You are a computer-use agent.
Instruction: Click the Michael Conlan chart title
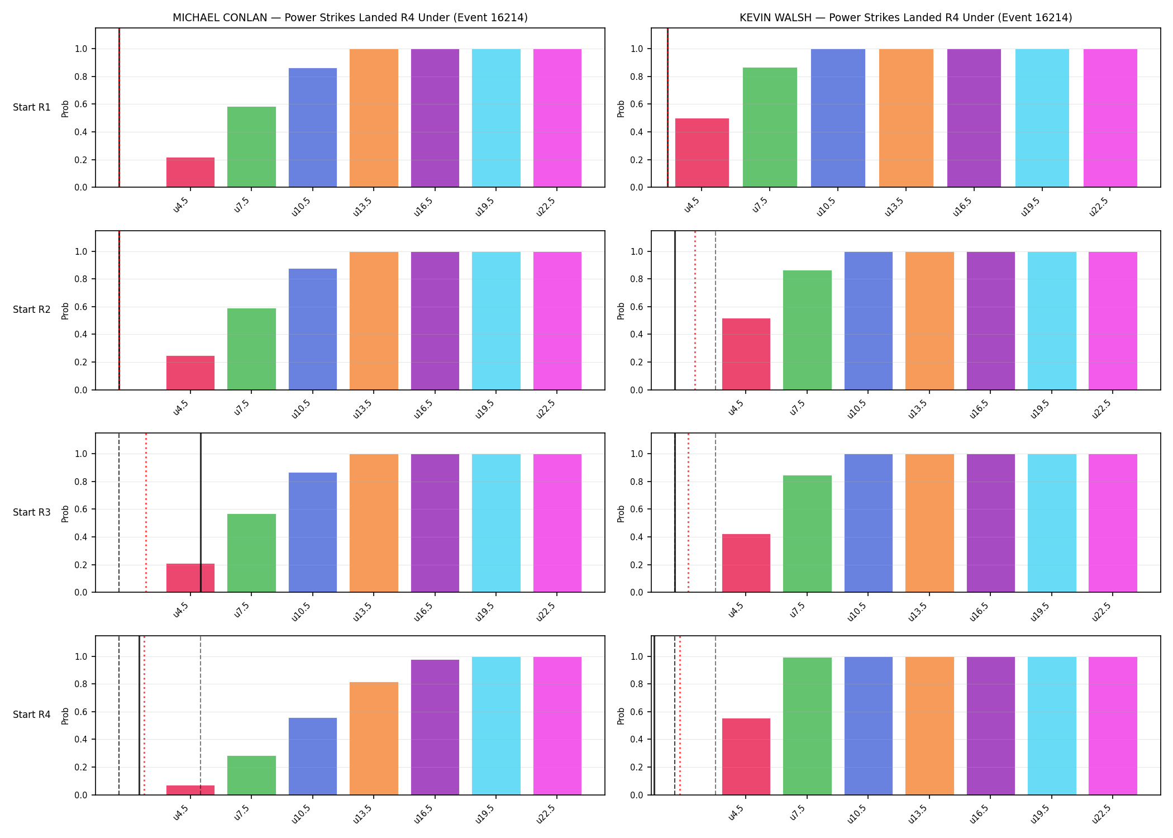pyautogui.click(x=350, y=17)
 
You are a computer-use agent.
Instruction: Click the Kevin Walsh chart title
pyautogui.click(x=906, y=17)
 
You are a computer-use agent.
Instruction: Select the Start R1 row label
pyautogui.click(x=32, y=107)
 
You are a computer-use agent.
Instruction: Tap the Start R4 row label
pyautogui.click(x=32, y=715)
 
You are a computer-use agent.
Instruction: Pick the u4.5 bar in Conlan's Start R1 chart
pyautogui.click(x=190, y=172)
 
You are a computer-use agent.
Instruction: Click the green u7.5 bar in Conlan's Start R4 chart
pyautogui.click(x=251, y=775)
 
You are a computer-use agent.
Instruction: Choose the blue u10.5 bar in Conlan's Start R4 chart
pyautogui.click(x=313, y=756)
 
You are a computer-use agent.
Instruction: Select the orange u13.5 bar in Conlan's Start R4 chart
pyautogui.click(x=374, y=739)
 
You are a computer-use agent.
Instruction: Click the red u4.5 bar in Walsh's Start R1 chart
pyautogui.click(x=702, y=153)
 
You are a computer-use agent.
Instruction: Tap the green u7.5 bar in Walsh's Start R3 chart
pyautogui.click(x=807, y=534)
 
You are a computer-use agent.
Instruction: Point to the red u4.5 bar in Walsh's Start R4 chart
pyautogui.click(x=746, y=756)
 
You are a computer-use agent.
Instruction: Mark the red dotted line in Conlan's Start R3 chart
pyautogui.click(x=146, y=513)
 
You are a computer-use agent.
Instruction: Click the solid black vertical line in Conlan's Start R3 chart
pyautogui.click(x=201, y=513)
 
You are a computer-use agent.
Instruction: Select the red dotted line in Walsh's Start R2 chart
pyautogui.click(x=695, y=310)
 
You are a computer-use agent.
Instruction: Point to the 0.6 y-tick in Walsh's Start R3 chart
pyautogui.click(x=637, y=509)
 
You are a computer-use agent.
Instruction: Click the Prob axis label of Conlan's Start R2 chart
pyautogui.click(x=65, y=311)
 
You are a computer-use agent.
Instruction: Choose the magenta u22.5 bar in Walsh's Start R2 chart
pyautogui.click(x=1113, y=321)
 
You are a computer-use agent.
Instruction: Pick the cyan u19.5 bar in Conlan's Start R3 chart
pyautogui.click(x=496, y=523)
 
